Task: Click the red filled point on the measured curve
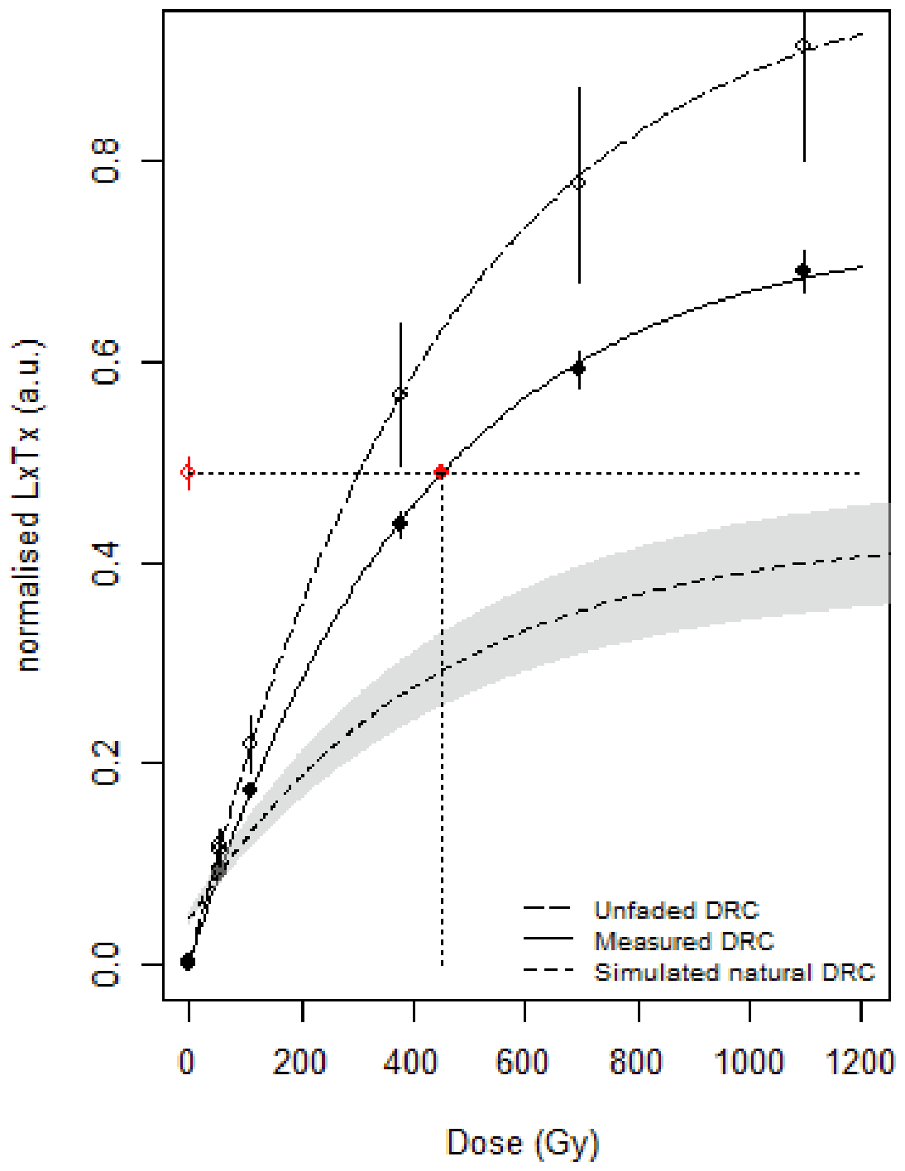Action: (441, 471)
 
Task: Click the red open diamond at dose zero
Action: (188, 472)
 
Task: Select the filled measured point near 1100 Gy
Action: (802, 270)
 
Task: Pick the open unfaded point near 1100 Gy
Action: (802, 45)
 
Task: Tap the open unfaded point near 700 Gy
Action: (578, 182)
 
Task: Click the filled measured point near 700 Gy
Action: (578, 367)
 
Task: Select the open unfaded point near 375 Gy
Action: (400, 394)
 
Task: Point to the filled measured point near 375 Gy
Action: (400, 523)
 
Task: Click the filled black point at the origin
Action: (188, 961)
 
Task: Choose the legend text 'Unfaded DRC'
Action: (676, 911)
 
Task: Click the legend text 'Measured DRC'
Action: (683, 941)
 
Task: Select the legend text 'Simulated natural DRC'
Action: (734, 972)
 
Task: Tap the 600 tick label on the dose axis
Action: (522, 1062)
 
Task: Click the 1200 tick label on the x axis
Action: (860, 1062)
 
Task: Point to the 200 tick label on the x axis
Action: (299, 1062)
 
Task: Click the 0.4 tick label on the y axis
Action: (107, 564)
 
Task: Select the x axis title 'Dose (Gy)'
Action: (522, 1143)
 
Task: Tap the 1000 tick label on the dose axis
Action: (749, 1062)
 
